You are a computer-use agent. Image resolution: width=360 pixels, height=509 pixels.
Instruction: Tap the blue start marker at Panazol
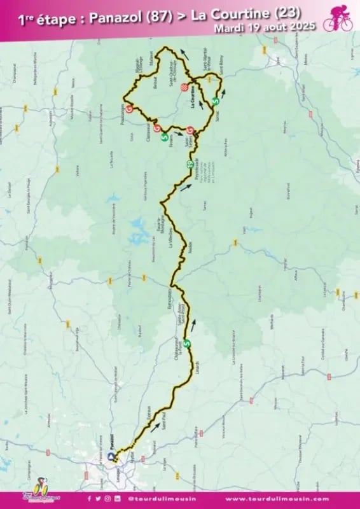pyautogui.click(x=112, y=456)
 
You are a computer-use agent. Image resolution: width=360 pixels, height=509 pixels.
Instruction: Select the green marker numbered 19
pyautogui.click(x=190, y=165)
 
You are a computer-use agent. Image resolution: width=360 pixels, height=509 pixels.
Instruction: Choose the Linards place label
pyautogui.click(x=198, y=372)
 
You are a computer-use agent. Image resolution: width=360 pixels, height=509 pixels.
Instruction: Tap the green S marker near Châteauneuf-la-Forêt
pyautogui.click(x=188, y=344)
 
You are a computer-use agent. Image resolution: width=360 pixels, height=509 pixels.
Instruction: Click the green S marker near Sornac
pyautogui.click(x=215, y=101)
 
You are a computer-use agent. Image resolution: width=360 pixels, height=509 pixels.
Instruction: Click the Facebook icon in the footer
pyautogui.click(x=89, y=499)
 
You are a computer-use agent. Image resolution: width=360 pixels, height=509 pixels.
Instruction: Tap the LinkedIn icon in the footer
pyautogui.click(x=116, y=499)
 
